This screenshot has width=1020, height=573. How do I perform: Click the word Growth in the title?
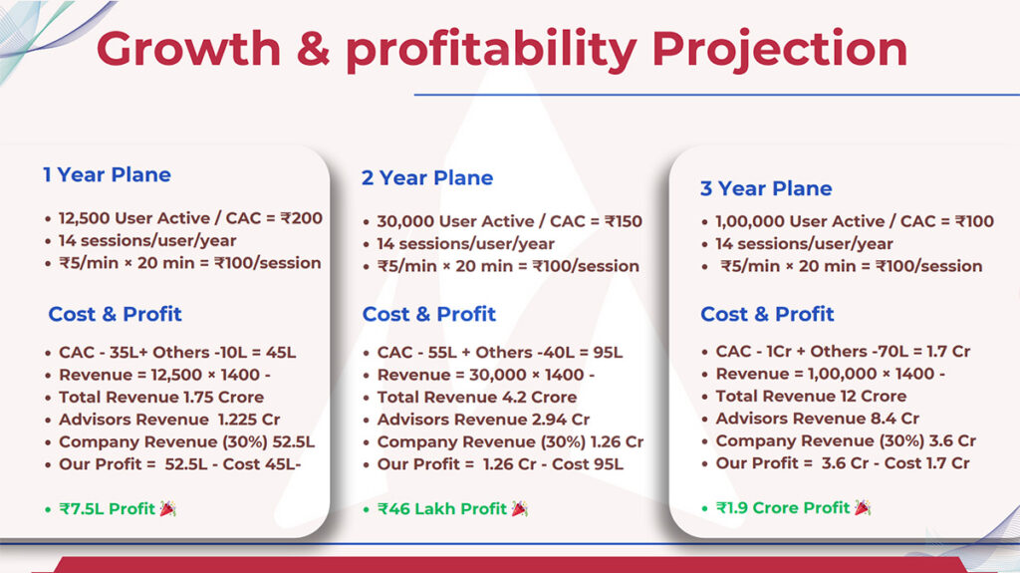pos(188,49)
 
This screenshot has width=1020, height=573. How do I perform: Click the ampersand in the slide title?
pos(313,49)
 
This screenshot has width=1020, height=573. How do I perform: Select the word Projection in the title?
pos(779,51)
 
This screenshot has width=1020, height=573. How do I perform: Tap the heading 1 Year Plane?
pos(107,174)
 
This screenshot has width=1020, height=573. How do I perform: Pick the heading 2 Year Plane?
pos(427,177)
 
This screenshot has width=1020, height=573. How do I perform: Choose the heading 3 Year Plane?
pos(766,188)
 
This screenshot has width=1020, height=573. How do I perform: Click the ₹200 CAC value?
pos(301,218)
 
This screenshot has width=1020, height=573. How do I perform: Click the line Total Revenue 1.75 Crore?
pos(161,398)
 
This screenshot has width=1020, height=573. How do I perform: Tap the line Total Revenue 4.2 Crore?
pos(477,398)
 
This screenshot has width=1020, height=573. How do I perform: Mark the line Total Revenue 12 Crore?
pos(811,396)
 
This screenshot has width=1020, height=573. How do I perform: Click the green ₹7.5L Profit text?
pos(108,508)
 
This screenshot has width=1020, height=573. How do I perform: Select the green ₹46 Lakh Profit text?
pos(441,508)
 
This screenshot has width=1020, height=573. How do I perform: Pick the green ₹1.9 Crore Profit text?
pos(783,507)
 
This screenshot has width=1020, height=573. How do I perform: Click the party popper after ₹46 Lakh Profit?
pos(520,508)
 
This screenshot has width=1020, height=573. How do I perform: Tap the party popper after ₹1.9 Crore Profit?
pos(863,507)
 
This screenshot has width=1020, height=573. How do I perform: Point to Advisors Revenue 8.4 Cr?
pos(818,418)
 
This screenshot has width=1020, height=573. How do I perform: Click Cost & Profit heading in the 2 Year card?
pos(428,314)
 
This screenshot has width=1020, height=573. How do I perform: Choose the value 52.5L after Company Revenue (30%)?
pos(294,442)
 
